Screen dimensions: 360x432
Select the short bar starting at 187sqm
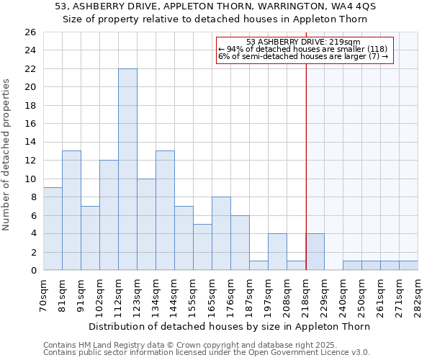[258, 266]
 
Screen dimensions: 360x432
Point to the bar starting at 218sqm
[315, 252]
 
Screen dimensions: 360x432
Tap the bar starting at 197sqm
[277, 252]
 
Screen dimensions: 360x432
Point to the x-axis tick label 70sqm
[43, 294]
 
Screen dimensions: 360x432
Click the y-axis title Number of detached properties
[7, 151]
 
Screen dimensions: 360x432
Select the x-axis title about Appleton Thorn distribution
[229, 326]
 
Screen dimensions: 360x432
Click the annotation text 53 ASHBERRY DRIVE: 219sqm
[303, 42]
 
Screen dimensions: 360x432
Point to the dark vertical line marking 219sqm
[306, 166]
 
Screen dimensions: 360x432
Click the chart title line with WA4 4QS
[215, 6]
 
